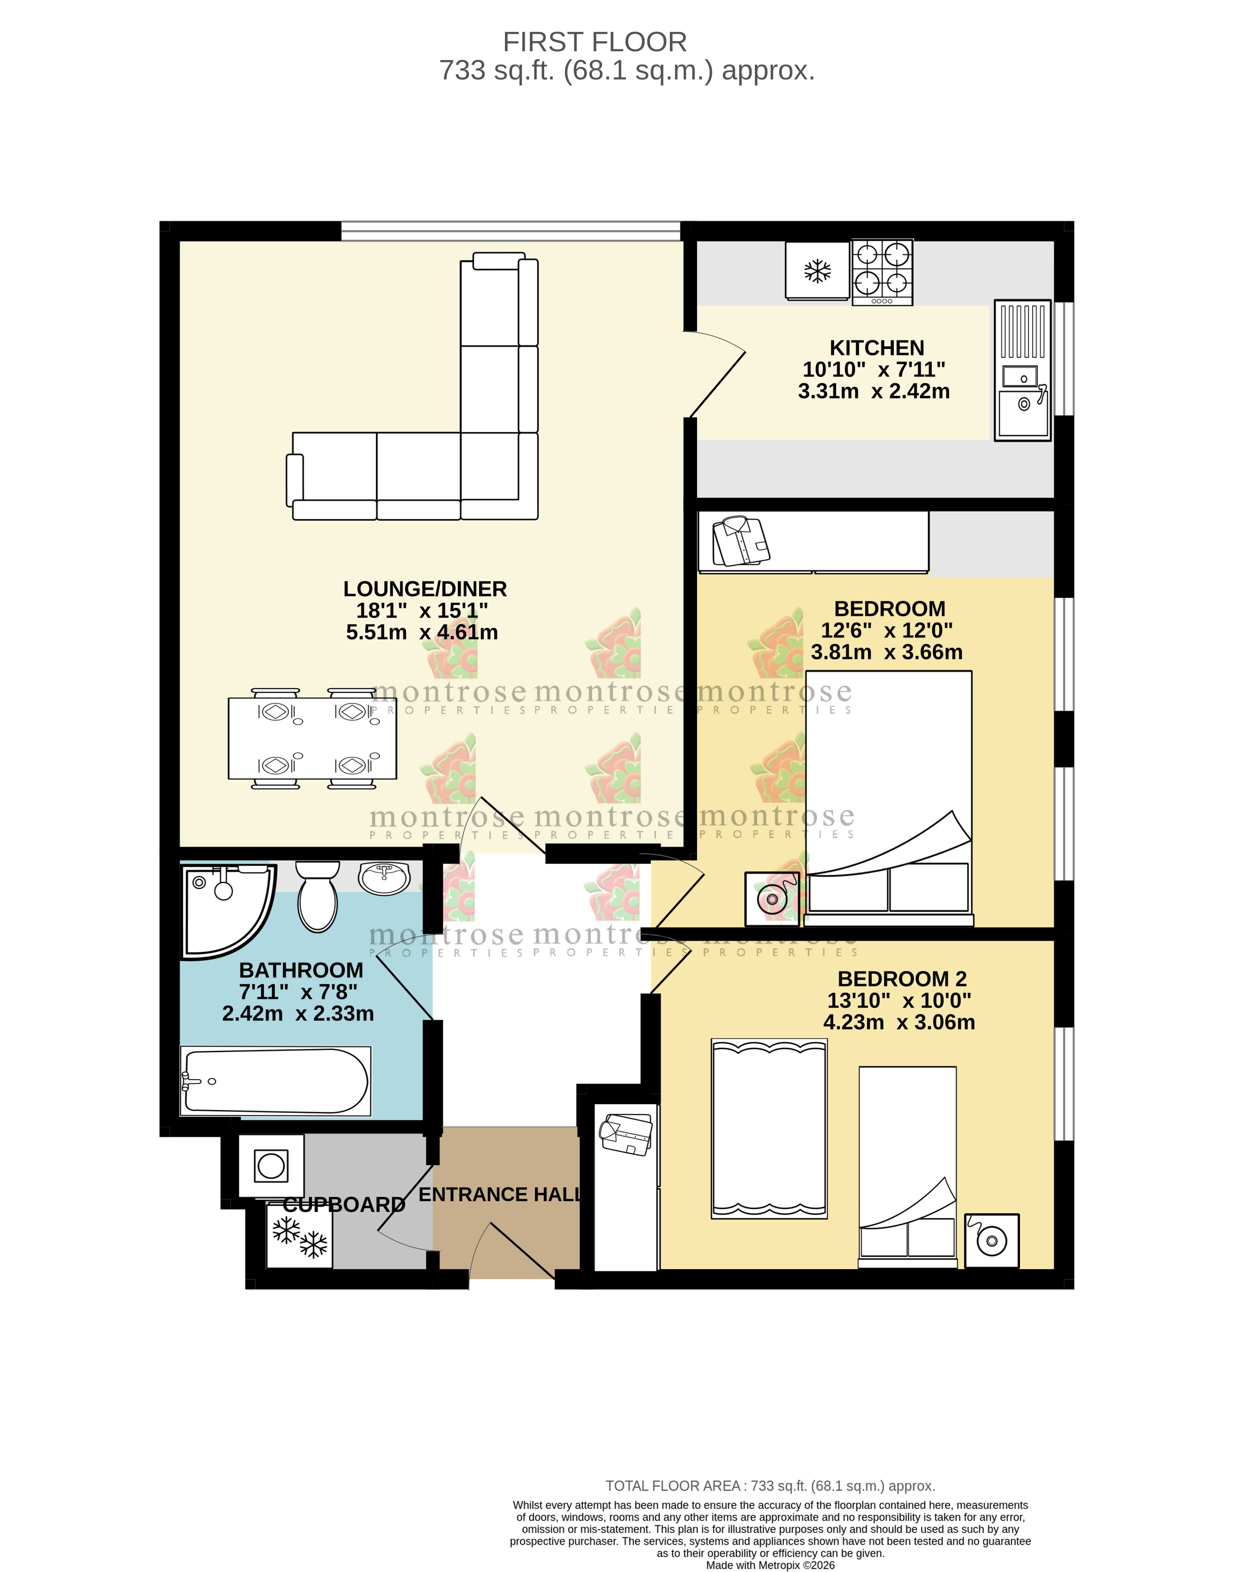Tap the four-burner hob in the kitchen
click(x=882, y=272)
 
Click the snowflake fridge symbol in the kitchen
click(x=817, y=271)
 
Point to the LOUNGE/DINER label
click(x=425, y=589)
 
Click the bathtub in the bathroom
click(x=276, y=1081)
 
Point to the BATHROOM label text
click(x=301, y=970)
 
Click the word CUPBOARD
click(x=344, y=1204)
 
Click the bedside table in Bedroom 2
click(x=992, y=1241)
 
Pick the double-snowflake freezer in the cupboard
click(x=299, y=1236)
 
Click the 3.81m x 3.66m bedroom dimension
click(x=887, y=653)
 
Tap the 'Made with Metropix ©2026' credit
click(x=770, y=1565)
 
